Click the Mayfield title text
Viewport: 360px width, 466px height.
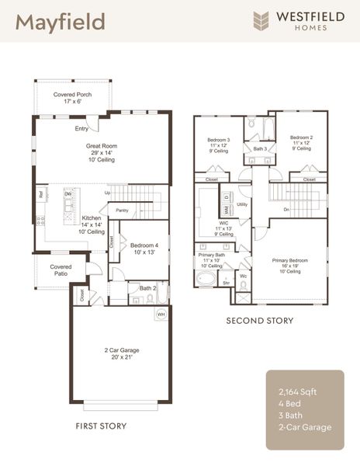coord(60,21)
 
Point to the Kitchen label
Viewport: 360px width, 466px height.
coord(91,220)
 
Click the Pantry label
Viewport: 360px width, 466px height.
coord(122,210)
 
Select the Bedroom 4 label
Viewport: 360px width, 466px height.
coord(144,245)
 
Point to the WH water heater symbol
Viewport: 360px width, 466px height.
coord(162,314)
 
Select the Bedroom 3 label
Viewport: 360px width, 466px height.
coord(217,140)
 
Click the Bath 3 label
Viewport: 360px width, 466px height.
coord(260,148)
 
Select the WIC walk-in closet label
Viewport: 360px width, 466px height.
coord(224,223)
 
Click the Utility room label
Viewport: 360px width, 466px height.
coord(242,204)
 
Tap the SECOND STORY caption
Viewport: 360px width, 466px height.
coord(260,321)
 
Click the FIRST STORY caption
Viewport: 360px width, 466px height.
coord(101,426)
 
